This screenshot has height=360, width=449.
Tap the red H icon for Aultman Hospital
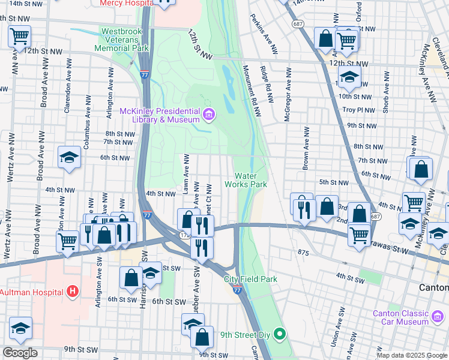point(73,292)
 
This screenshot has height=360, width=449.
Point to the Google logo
point(20,353)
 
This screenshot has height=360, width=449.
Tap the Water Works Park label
point(246,180)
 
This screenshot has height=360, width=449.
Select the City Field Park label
point(251,279)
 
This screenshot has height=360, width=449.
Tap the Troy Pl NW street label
point(360,110)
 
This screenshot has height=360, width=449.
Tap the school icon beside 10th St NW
point(349,77)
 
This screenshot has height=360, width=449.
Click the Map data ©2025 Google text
point(411,355)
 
